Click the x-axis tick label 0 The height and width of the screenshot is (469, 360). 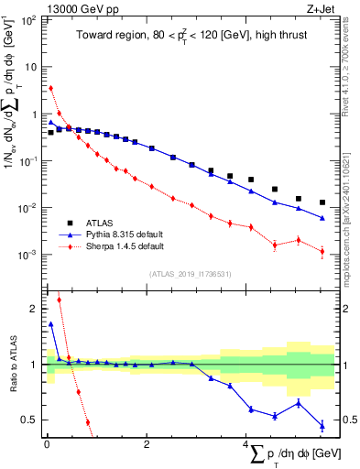[47, 444]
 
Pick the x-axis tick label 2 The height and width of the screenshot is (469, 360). [147, 444]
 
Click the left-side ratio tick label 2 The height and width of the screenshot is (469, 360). [33, 309]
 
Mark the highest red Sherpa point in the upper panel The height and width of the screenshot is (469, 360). [51, 88]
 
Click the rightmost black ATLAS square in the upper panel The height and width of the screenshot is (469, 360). [322, 202]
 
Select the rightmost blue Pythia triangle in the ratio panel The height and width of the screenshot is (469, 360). [322, 425]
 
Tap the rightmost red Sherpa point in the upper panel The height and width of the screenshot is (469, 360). [322, 251]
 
